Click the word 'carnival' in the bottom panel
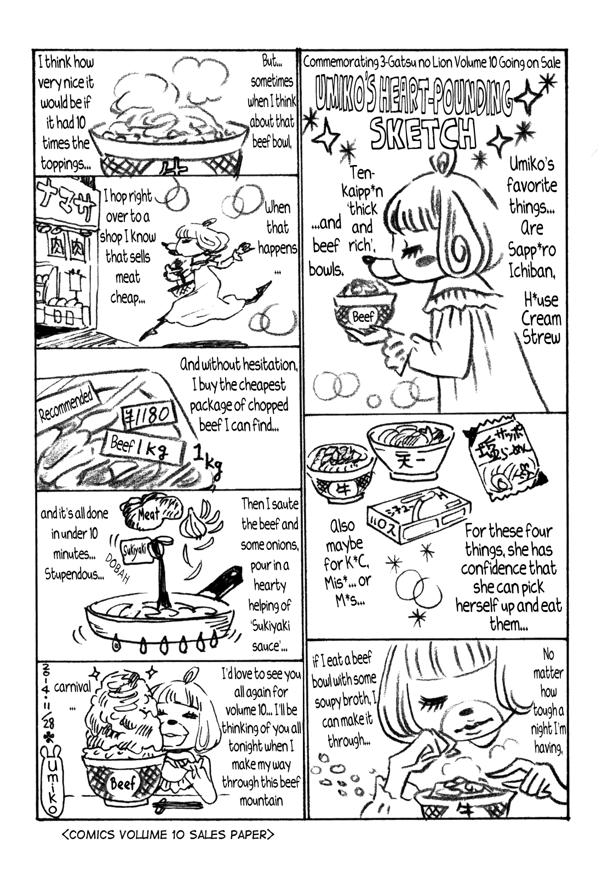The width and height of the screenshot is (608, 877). tap(72, 687)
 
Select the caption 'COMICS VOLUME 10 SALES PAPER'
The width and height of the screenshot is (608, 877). tap(167, 835)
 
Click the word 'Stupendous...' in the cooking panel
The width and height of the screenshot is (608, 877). tap(75, 574)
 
